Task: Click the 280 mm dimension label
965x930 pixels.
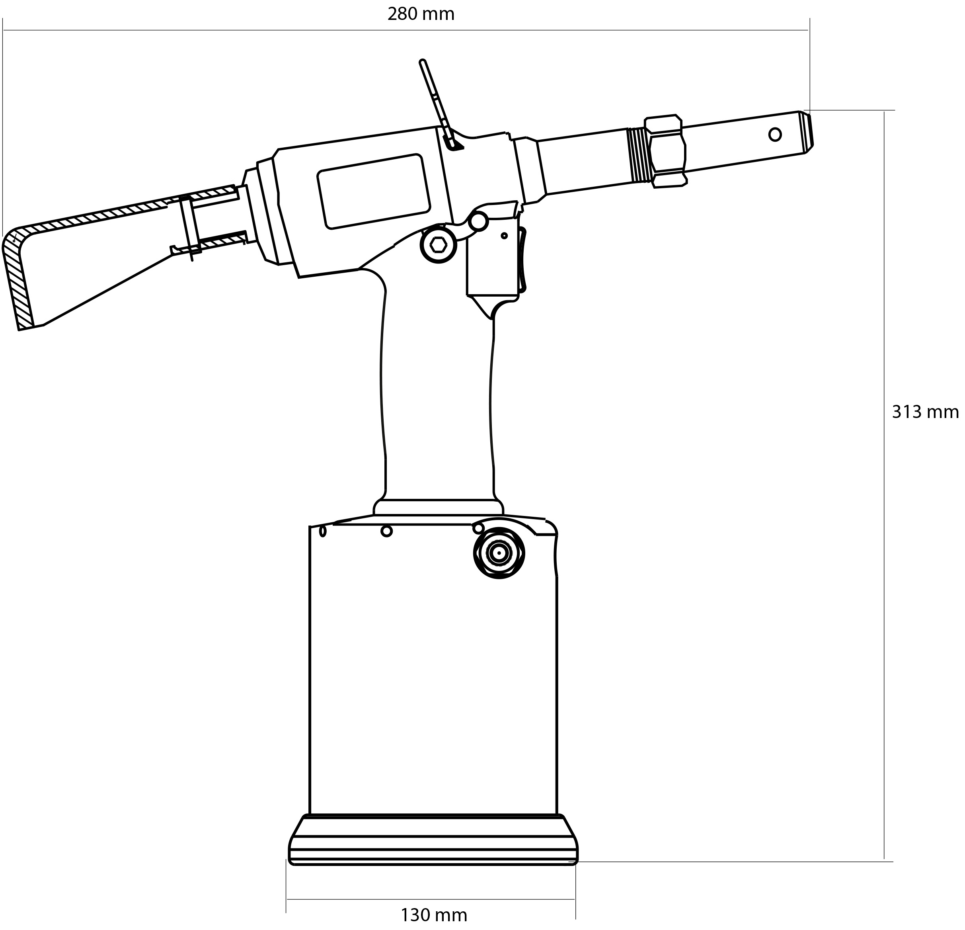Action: click(421, 14)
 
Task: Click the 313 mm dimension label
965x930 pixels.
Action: click(925, 412)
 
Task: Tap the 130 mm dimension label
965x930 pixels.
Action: click(433, 915)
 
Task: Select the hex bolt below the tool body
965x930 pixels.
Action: click(438, 244)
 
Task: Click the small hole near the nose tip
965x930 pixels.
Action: click(774, 134)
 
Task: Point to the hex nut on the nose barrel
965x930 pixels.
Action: click(665, 151)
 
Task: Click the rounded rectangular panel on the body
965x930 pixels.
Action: click(374, 191)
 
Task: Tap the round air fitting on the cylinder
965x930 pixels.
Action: click(499, 553)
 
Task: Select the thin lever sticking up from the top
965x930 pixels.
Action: click(440, 103)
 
